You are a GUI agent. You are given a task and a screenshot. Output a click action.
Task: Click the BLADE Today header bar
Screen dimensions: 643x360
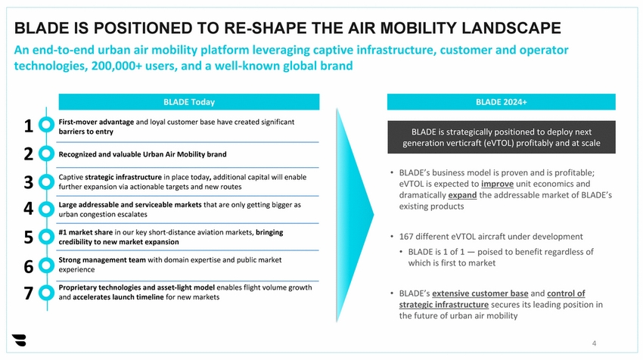click(188, 101)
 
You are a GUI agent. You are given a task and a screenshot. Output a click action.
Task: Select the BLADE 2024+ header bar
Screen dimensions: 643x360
click(501, 101)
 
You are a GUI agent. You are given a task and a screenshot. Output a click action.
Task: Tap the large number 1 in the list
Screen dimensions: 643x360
click(28, 126)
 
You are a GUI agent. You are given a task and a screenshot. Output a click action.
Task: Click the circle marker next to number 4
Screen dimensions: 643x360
click(46, 209)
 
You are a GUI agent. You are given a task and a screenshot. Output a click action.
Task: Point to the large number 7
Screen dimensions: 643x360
click(28, 293)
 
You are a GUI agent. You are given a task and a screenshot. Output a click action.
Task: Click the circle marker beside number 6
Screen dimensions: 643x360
click(46, 265)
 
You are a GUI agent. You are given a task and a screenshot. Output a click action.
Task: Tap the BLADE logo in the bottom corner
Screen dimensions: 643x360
click(19, 340)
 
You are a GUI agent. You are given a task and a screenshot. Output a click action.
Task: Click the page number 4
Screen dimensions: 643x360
click(594, 343)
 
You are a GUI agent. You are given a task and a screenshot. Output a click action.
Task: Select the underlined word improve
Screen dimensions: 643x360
click(497, 184)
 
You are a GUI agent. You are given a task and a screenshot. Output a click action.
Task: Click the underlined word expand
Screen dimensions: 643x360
click(462, 195)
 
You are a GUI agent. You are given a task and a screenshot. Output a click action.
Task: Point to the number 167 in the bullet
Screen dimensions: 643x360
click(406, 237)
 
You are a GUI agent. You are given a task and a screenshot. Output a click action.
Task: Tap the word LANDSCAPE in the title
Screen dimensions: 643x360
click(511, 28)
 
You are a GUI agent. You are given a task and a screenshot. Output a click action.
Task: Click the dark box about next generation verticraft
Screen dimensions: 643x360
click(501, 137)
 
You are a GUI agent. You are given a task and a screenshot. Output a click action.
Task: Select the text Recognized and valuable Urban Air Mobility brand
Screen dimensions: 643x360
click(142, 154)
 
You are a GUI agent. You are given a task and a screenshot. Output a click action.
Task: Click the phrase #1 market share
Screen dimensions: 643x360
click(85, 232)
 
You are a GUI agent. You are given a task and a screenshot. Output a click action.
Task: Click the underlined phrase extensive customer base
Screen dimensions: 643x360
click(480, 293)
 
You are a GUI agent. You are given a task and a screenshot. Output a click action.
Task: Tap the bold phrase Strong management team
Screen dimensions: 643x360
click(102, 259)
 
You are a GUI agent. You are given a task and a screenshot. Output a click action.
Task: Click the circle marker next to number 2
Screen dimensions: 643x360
click(46, 154)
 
